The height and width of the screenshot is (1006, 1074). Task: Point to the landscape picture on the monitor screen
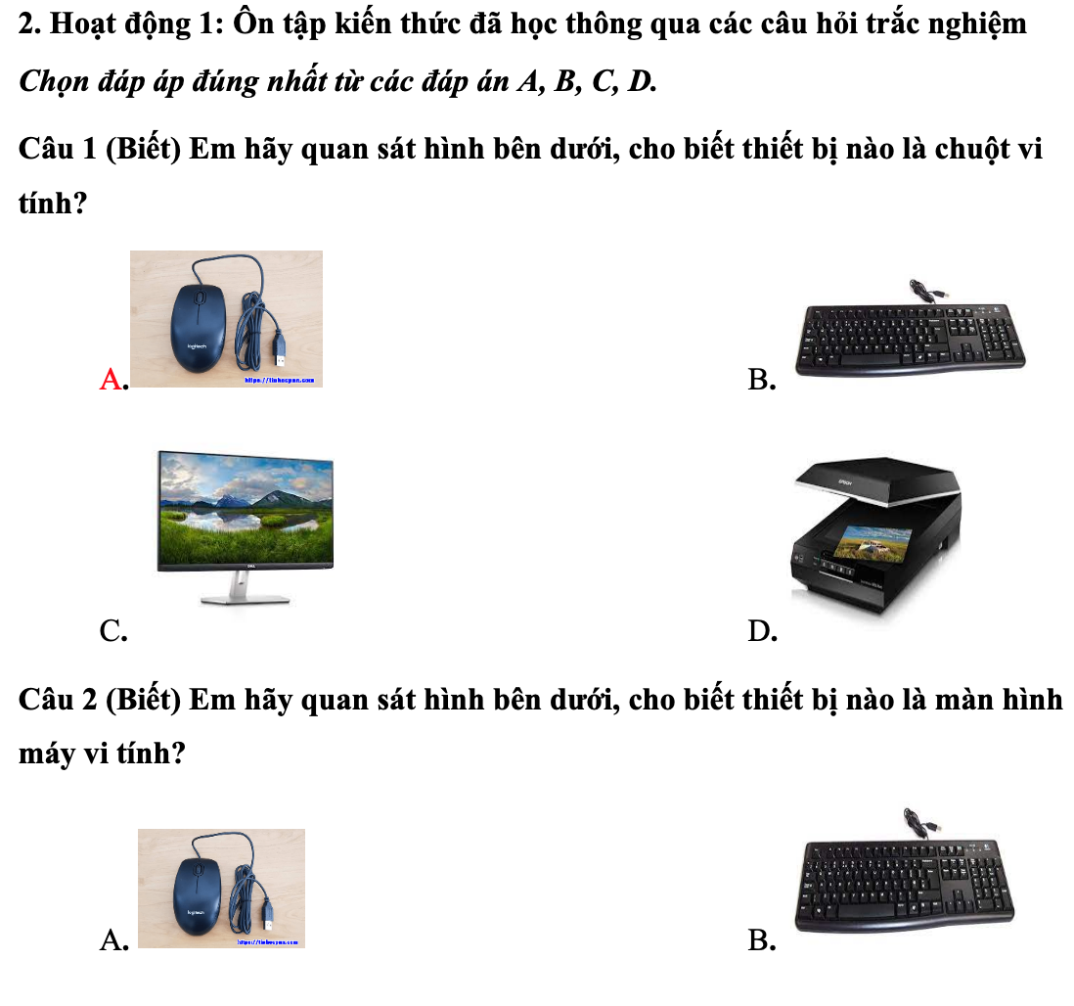[245, 508]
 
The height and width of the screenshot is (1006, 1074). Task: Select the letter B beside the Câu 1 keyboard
[760, 380]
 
